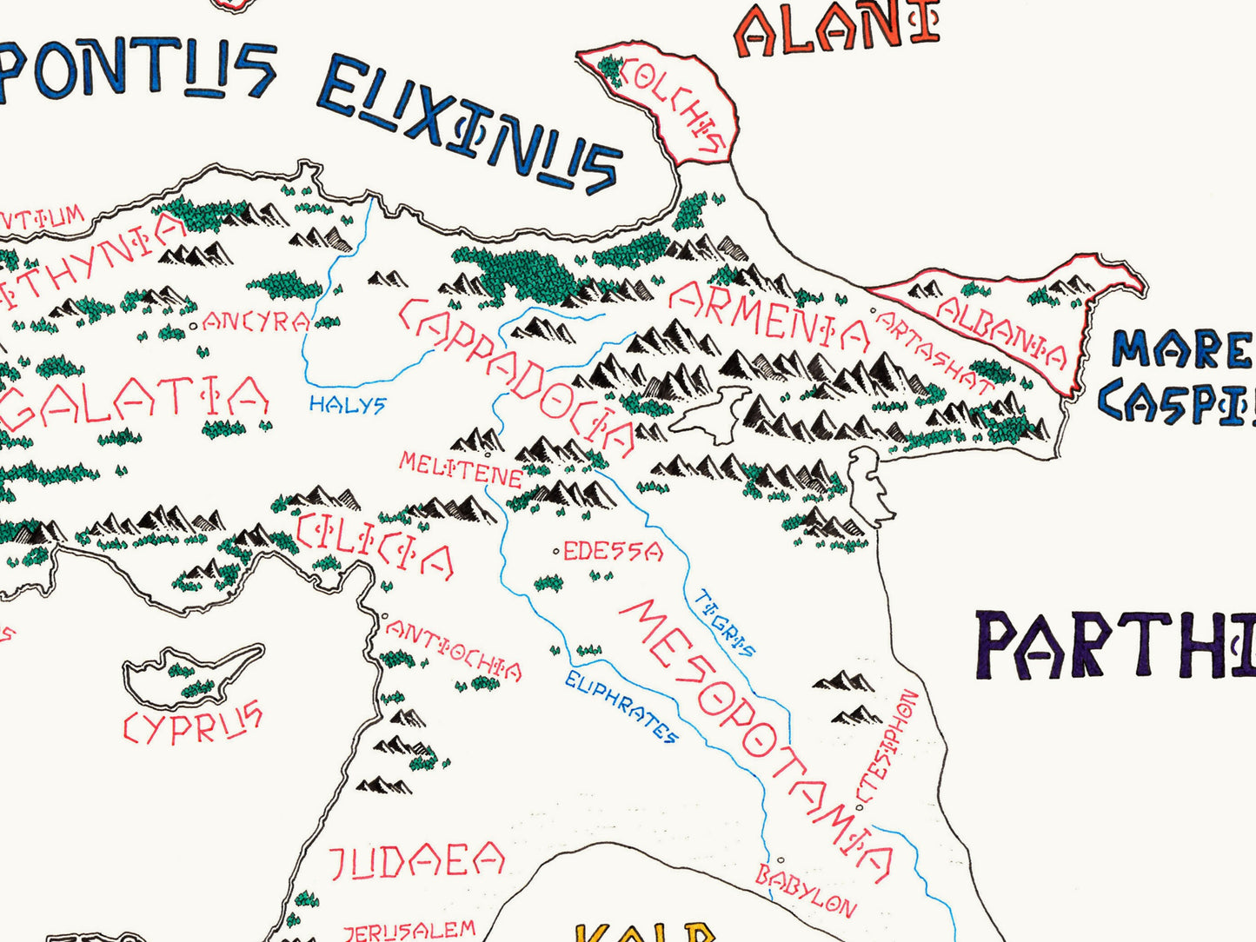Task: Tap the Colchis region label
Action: [x=675, y=104]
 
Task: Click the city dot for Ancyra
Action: [x=193, y=327]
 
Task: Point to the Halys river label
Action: [x=347, y=404]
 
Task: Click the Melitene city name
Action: [x=460, y=469]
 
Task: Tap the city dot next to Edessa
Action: [x=556, y=551]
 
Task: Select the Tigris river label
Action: [x=725, y=623]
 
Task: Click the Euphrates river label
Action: [x=621, y=706]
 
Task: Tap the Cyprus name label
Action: [x=192, y=724]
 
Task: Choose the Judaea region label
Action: [x=416, y=860]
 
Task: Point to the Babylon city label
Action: [x=805, y=891]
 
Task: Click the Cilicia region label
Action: [x=375, y=545]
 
